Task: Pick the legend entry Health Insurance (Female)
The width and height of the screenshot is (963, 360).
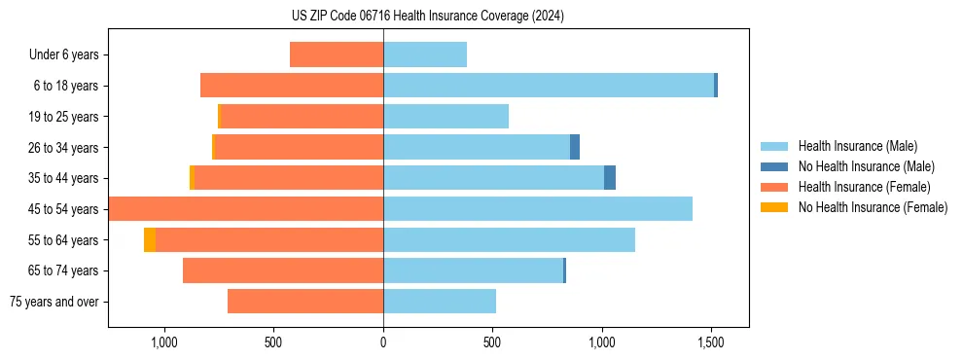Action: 857,187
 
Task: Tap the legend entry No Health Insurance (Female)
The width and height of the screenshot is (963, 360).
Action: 865,207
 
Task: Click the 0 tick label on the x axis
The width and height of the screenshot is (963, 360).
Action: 383,342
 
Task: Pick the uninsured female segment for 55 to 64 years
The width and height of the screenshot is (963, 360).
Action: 150,240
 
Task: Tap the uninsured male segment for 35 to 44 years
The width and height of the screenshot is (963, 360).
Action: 610,178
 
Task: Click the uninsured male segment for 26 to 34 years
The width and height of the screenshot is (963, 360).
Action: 575,147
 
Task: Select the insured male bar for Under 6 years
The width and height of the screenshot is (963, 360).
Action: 425,55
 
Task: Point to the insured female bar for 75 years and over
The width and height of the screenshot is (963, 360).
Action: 305,302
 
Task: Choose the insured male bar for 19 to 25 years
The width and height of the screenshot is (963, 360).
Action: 446,117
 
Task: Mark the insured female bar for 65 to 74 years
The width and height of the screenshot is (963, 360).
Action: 283,270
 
